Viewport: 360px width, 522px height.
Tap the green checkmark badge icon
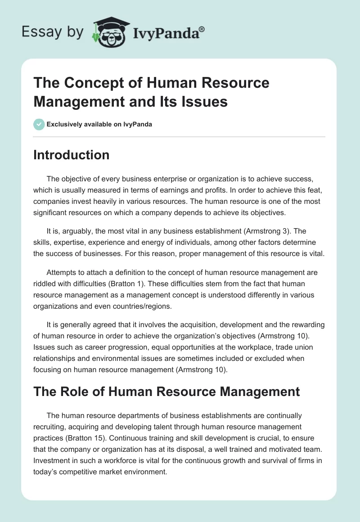(39, 124)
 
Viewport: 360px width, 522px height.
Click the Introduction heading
(72, 155)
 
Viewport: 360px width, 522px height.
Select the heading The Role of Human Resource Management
(166, 391)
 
